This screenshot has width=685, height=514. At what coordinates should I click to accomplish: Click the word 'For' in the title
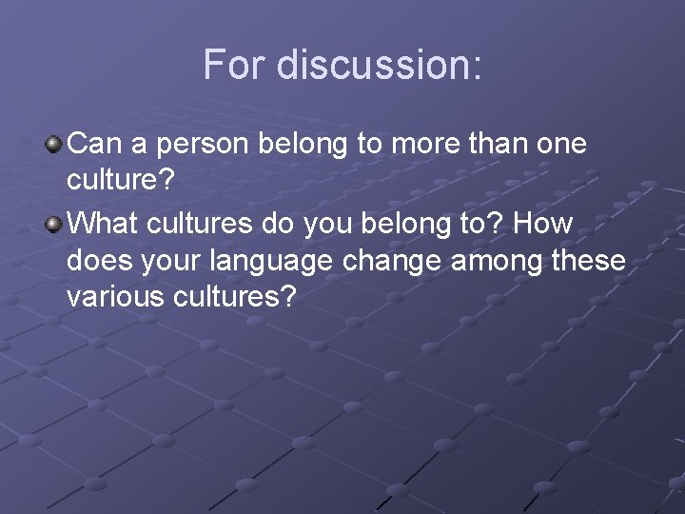pos(233,64)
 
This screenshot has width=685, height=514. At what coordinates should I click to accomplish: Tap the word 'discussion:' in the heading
pos(378,64)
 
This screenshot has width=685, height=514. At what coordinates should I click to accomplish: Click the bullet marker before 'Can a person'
pos(56,146)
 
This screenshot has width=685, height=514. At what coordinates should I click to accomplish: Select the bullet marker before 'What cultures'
pos(56,223)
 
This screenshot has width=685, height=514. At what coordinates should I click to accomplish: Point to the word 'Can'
pos(93,145)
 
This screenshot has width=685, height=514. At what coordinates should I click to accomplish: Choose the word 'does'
pos(96,260)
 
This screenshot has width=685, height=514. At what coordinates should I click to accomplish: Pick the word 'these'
pos(591,260)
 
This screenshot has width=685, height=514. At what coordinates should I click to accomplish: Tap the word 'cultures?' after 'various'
pos(239,298)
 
